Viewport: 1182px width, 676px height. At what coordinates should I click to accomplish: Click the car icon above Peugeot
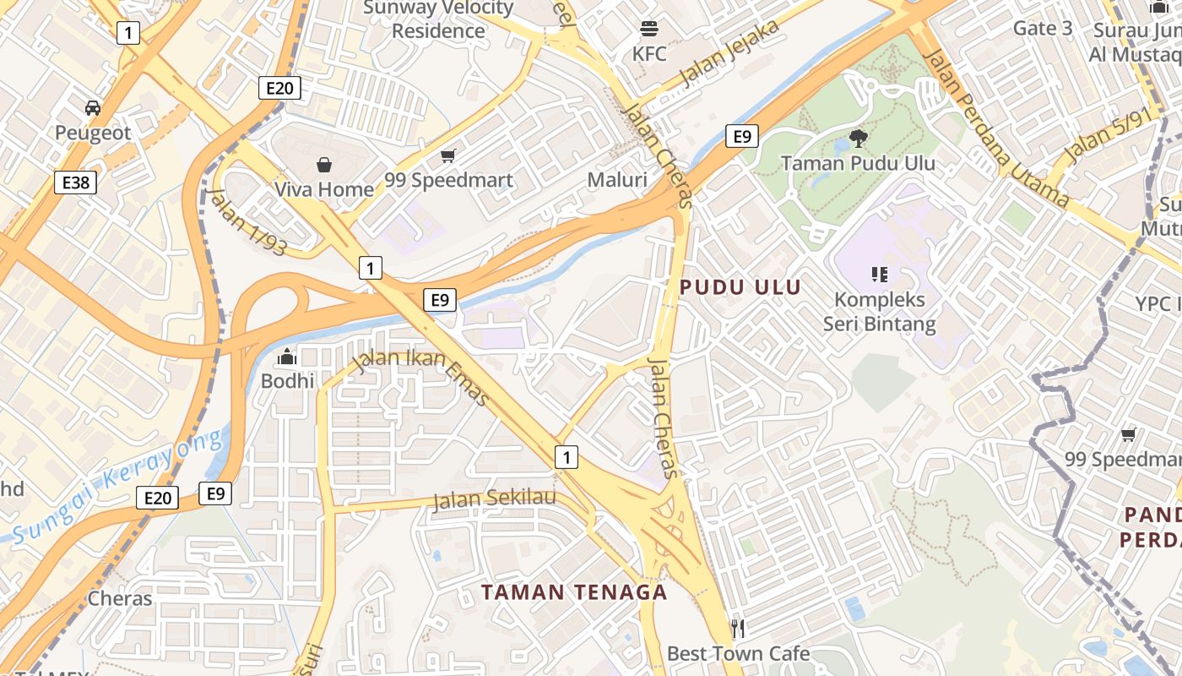pos(93,108)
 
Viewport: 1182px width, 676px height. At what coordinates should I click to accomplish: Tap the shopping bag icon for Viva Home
pos(324,164)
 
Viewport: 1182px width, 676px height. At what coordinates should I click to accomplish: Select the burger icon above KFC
pos(649,29)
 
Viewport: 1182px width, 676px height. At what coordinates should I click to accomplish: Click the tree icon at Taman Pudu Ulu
pos(858,138)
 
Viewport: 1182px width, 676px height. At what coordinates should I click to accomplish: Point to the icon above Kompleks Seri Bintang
pos(879,274)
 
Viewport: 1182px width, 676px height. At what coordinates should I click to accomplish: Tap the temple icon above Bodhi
pos(287,357)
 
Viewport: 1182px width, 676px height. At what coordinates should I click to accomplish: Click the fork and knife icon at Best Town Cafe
pos(738,628)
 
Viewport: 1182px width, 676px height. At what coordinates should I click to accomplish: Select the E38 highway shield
pos(76,182)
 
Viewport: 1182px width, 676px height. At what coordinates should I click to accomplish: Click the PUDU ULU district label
pos(740,287)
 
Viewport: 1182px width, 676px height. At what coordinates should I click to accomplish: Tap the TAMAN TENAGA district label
pos(574,591)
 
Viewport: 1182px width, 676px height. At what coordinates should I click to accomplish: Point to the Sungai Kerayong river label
pos(118,484)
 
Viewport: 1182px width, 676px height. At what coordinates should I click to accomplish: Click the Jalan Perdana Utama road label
pos(996,127)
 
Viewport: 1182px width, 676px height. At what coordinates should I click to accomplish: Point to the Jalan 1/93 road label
pos(246,221)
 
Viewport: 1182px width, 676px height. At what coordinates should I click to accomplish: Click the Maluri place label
pos(617,180)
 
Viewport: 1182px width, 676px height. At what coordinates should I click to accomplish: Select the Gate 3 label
pos(1043,28)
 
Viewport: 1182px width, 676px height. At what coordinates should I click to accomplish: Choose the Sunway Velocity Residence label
pos(439,19)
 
